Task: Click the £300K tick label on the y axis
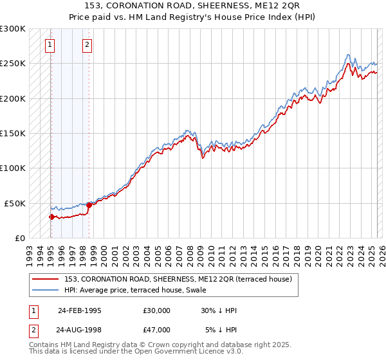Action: tap(13, 29)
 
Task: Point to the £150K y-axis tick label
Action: tap(13, 133)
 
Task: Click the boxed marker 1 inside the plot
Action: tap(50, 45)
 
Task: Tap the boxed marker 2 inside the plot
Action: tap(87, 45)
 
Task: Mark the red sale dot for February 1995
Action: tap(51, 217)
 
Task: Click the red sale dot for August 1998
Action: tap(89, 205)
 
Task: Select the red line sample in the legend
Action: tap(45, 279)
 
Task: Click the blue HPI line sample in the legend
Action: tap(45, 290)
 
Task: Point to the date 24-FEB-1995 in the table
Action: tap(79, 310)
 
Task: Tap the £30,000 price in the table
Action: tap(157, 310)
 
